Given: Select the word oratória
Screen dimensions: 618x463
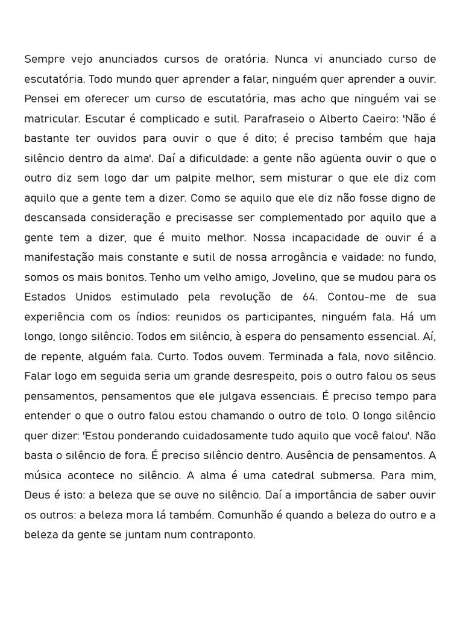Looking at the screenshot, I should [x=246, y=59].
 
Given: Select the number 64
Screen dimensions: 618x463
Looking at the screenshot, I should [x=304, y=297].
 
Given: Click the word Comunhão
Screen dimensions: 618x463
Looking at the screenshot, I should [x=244, y=515].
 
